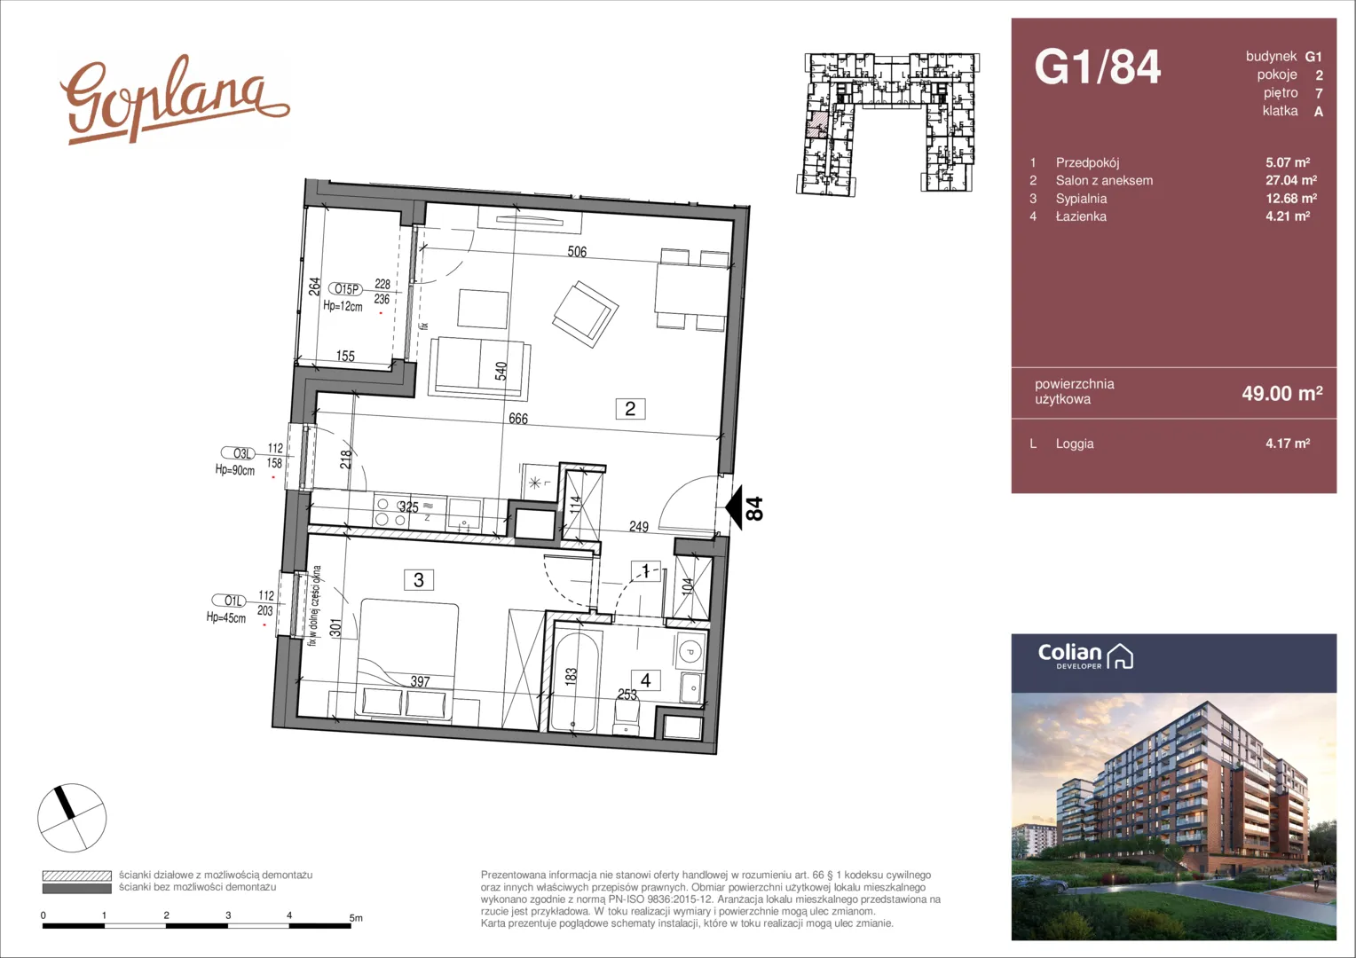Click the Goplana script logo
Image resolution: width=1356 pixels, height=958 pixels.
174,98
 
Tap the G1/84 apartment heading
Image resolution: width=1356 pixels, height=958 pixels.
1098,67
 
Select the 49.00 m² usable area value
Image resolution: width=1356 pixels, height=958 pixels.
1282,393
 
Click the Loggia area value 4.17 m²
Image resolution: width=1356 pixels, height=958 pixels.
1288,443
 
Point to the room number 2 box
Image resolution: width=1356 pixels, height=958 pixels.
630,409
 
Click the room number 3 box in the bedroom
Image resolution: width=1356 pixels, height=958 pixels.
419,580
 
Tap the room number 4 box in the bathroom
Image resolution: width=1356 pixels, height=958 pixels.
646,680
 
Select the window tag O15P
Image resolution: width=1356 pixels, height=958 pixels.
344,288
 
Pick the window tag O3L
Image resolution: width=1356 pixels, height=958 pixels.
240,452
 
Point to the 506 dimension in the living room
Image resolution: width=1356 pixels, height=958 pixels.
577,251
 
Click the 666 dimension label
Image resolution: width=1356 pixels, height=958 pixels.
518,418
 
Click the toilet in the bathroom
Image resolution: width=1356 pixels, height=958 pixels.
626,716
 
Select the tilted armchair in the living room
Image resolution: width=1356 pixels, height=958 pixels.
586,313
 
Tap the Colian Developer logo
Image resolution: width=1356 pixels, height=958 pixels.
1084,656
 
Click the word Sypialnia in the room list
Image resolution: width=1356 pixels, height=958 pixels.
1081,199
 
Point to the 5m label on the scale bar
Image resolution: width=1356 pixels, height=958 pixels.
356,918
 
